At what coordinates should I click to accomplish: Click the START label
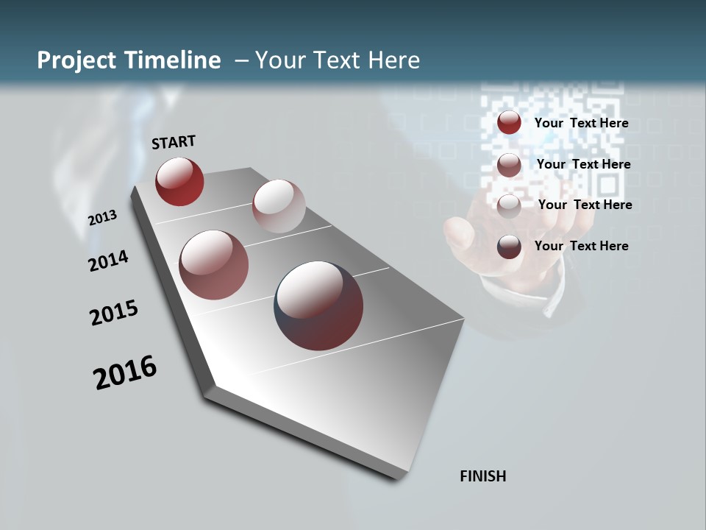click(x=174, y=141)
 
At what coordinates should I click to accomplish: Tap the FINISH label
click(x=482, y=476)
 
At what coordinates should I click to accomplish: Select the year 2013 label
click(x=102, y=218)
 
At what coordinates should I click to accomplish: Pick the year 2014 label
click(x=108, y=261)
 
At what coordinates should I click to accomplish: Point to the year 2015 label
click(x=114, y=313)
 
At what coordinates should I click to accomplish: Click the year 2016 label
click(x=125, y=372)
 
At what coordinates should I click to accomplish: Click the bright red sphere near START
click(x=179, y=181)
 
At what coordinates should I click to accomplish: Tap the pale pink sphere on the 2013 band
click(x=279, y=206)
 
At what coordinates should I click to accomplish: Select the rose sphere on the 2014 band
click(x=213, y=265)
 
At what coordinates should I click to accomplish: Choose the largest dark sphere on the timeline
click(x=318, y=305)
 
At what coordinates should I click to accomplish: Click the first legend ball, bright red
click(x=509, y=123)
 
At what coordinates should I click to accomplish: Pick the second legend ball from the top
click(x=509, y=165)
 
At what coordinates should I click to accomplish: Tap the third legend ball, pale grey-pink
click(x=509, y=206)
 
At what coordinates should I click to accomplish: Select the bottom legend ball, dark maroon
click(x=509, y=247)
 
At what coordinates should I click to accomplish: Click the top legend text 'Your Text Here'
click(x=581, y=123)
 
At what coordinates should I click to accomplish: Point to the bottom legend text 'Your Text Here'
click(x=581, y=246)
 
